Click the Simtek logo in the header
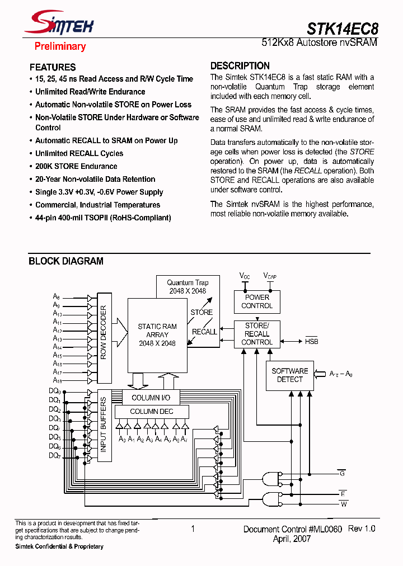(x=62, y=24)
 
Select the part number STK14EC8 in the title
(x=342, y=28)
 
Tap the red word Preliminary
(x=60, y=46)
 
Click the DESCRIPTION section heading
(x=240, y=65)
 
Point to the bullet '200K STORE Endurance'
(x=76, y=166)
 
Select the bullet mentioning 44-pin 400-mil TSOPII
(x=103, y=218)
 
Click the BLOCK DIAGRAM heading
(x=66, y=261)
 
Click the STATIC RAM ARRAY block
(x=157, y=334)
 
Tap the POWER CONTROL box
(x=257, y=301)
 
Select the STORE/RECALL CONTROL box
(x=257, y=334)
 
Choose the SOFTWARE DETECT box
(x=289, y=375)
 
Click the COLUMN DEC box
(x=152, y=412)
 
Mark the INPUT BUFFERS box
(x=104, y=426)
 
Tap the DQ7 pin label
(x=55, y=456)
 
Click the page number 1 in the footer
(x=193, y=529)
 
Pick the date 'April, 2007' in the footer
(x=291, y=539)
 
